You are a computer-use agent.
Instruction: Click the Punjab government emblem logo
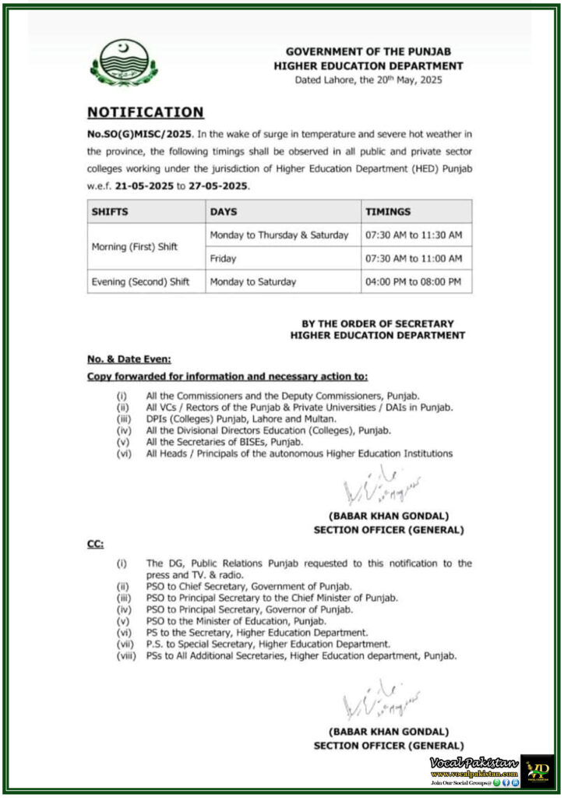click(x=124, y=62)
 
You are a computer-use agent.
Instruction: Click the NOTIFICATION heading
click(x=145, y=112)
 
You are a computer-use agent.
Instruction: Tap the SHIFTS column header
click(x=110, y=212)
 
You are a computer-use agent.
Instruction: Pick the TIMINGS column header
click(x=390, y=212)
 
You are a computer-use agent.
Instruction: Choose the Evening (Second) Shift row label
click(x=141, y=281)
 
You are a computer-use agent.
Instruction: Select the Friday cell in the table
click(x=223, y=258)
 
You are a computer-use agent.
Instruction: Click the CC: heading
click(x=95, y=546)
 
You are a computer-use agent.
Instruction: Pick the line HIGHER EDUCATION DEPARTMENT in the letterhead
click(x=368, y=66)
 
